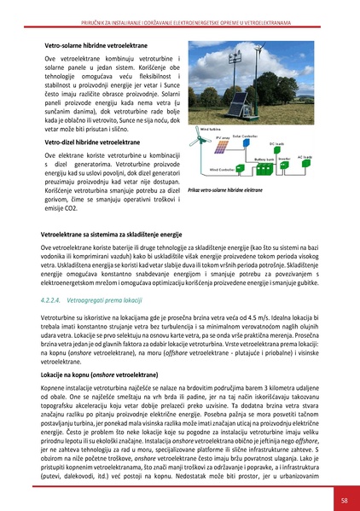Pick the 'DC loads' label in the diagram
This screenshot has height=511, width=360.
tap(277, 143)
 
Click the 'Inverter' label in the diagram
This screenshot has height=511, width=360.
tap(285, 158)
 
